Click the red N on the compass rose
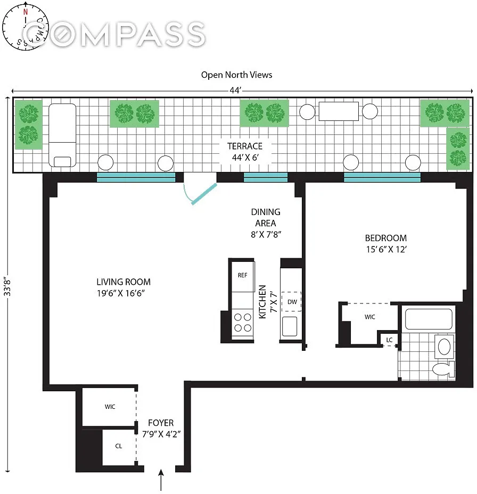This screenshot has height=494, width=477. pos(26,12)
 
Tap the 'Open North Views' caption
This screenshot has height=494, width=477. pos(236,75)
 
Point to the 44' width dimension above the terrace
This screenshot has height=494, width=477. pos(235,90)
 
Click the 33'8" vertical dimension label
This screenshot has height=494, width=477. pos(7,286)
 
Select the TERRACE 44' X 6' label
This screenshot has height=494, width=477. pos(245,152)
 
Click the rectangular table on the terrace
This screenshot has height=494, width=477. pos(339,111)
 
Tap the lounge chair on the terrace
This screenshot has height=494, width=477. pos(62,135)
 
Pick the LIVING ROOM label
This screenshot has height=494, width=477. pos(123,287)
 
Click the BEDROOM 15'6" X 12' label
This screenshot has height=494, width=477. pos(386,243)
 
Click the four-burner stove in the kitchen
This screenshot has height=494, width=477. pos(243,322)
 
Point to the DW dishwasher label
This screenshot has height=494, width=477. pos(292,302)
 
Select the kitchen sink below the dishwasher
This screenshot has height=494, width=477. pos(290,326)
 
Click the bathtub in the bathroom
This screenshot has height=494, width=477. pos(429,319)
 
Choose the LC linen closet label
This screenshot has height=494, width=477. pos(389,340)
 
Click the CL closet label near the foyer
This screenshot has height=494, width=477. pos(119,446)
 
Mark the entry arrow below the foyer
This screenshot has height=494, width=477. pos(161,480)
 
